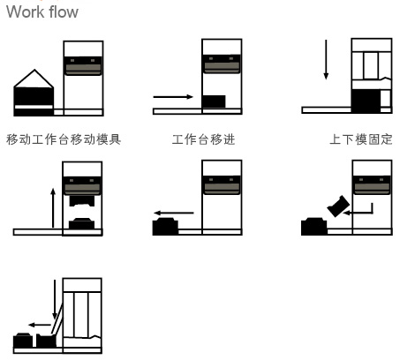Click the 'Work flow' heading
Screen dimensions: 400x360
tap(42, 12)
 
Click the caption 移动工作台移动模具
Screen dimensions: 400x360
tap(64, 139)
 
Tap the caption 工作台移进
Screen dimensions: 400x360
tap(203, 139)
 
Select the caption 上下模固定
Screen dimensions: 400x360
tap(361, 139)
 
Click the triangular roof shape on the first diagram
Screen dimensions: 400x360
tap(34, 79)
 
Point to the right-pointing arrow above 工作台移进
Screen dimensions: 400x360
tap(173, 97)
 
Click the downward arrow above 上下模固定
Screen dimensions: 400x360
tap(326, 60)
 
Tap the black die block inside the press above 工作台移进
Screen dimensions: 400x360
tap(214, 101)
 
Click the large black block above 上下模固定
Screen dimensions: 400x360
tap(366, 101)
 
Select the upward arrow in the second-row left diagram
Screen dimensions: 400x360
tap(53, 207)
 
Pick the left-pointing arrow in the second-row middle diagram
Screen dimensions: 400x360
tap(174, 213)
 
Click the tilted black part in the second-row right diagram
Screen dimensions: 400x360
tap(338, 206)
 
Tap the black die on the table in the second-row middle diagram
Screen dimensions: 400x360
tap(165, 226)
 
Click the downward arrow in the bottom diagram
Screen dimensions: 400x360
tap(55, 299)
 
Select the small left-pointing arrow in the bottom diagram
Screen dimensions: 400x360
tap(40, 325)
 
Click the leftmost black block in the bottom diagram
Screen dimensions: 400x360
tap(23, 341)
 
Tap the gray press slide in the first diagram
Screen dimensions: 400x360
tap(83, 66)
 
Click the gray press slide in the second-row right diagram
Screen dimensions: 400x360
tap(372, 185)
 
